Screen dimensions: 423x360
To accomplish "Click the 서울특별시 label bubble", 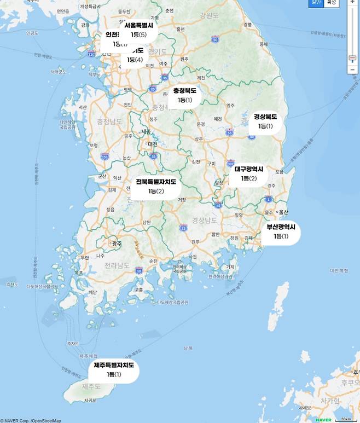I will [138, 30].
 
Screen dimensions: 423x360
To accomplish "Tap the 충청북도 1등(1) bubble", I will [184, 95].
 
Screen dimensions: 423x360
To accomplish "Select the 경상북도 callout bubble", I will [265, 121].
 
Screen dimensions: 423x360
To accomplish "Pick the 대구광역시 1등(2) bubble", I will [249, 174].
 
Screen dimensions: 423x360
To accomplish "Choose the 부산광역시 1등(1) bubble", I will [281, 231].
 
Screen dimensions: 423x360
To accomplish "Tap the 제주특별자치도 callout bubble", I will [114, 370].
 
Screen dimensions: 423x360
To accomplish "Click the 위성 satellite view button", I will [331, 3].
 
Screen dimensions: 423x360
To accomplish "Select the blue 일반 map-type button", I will [316, 3].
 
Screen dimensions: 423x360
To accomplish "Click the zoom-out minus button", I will [353, 69].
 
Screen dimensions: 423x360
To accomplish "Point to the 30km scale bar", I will [345, 419].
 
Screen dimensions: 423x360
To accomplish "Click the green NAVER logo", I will [323, 420].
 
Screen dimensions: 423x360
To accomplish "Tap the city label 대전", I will [152, 144].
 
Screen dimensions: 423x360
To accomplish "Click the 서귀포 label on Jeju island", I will [90, 399].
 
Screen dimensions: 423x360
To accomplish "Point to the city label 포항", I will [280, 172].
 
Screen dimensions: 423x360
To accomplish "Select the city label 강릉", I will [248, 25].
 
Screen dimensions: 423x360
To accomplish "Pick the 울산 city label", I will [283, 212].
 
